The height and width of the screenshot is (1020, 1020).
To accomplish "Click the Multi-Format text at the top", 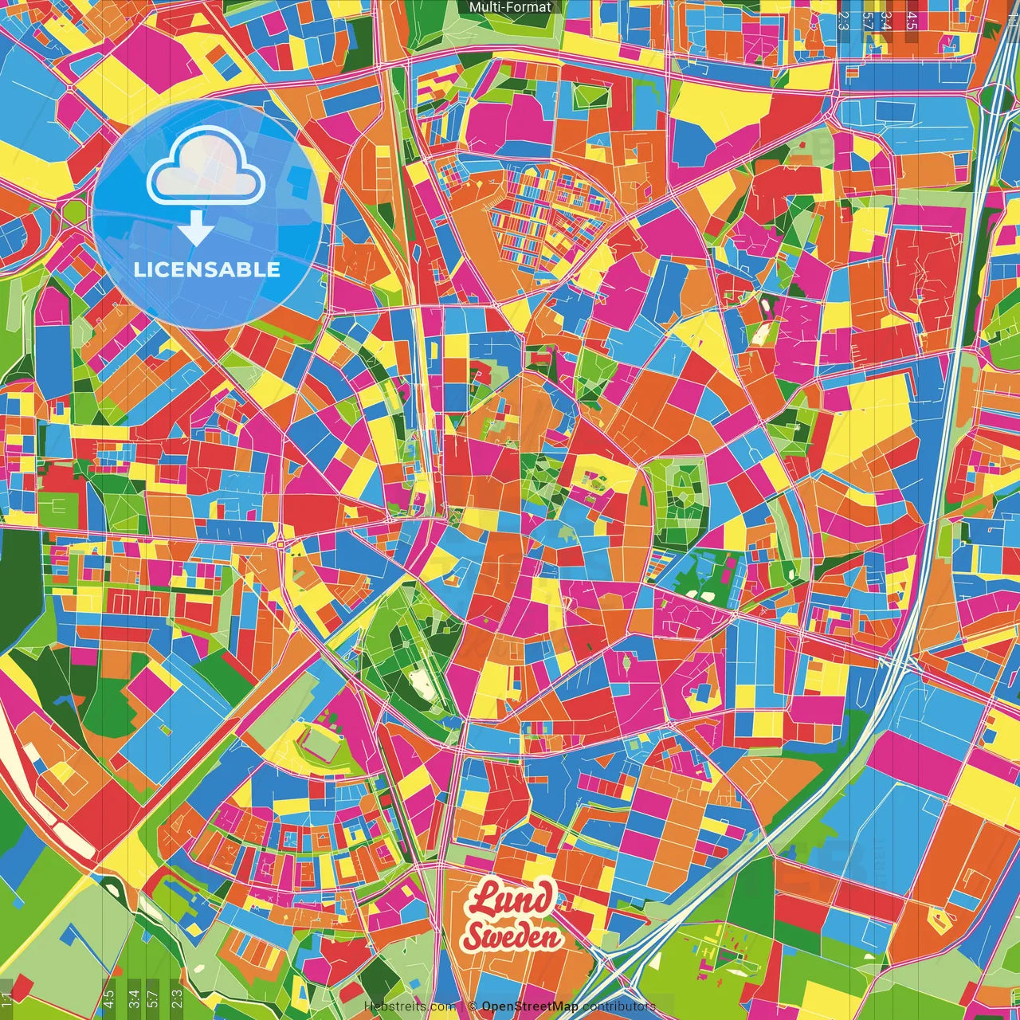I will click(510, 7).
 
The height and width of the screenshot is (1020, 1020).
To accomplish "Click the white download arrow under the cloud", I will click(195, 230).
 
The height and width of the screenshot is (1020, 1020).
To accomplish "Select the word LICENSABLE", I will click(207, 269).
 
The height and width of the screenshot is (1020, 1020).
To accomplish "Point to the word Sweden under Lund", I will click(511, 936).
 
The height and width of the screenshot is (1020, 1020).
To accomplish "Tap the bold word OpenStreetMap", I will click(530, 1006).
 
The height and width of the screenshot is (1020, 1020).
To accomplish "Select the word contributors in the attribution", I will click(618, 1006).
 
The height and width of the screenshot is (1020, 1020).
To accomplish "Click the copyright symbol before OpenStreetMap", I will click(473, 1006).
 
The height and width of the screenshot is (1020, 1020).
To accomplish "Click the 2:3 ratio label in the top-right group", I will click(843, 21).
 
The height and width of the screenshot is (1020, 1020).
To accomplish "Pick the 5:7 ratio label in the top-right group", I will click(866, 21).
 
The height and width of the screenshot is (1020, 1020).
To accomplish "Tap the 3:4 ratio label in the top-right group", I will click(885, 21).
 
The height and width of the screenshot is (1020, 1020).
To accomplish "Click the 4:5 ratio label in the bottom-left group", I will click(108, 997).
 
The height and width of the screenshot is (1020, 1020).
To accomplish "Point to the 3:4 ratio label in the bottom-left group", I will click(133, 997).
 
